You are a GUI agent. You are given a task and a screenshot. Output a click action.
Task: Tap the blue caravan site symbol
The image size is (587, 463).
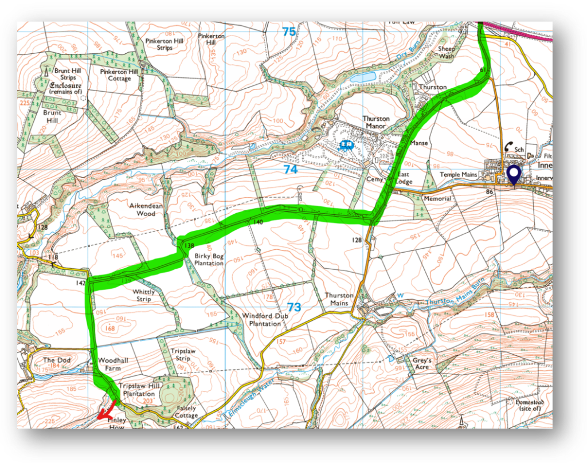[x=346, y=146]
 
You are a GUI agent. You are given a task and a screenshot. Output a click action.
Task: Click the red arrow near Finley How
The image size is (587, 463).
[x=107, y=410]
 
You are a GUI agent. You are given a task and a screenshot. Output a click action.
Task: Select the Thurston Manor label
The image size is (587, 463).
[x=375, y=122]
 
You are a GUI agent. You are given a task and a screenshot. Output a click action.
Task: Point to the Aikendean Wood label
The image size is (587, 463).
[x=139, y=209]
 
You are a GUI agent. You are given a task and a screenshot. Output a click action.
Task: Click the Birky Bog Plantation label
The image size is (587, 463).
[x=208, y=259]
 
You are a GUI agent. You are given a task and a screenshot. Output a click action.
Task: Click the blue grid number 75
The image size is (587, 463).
[x=289, y=32]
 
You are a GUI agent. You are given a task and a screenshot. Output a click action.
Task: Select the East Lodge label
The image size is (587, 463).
[x=403, y=178]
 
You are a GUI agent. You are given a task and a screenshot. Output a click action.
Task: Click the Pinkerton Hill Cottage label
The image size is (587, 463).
[x=119, y=75]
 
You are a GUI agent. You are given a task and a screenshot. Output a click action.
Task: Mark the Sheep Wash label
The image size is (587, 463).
[x=447, y=53]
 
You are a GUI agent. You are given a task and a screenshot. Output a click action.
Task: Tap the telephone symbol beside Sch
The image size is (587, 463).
[x=508, y=147]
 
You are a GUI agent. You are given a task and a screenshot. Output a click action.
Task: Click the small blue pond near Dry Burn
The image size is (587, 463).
[x=363, y=76]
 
